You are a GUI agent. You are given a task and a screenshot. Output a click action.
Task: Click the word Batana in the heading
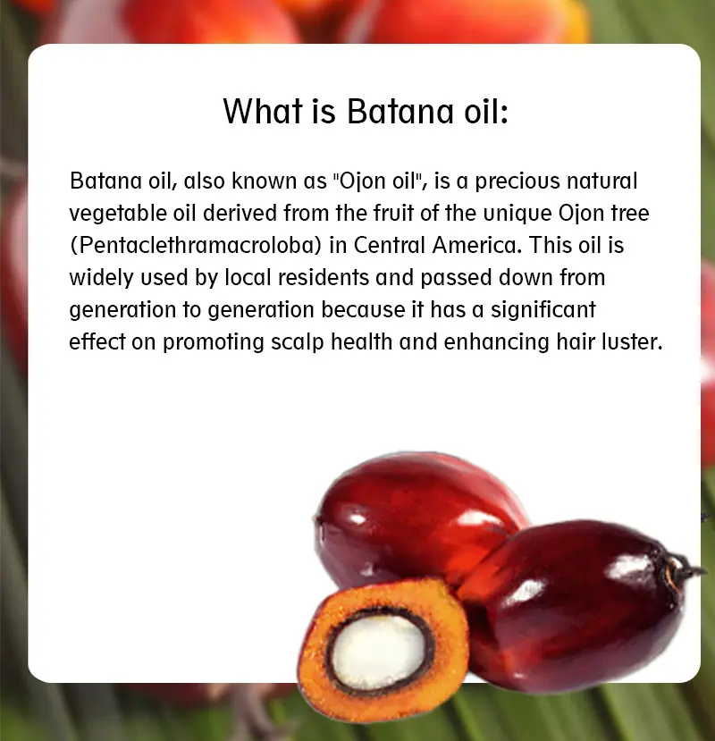coord(400,112)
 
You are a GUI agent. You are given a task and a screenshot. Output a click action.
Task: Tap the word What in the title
coord(263,112)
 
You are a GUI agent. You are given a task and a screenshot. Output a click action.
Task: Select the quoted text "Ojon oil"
coord(377,181)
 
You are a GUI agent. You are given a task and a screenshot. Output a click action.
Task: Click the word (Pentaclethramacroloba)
coord(196,246)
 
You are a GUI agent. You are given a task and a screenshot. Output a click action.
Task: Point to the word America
coord(476,245)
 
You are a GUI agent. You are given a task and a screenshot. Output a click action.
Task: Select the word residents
coord(324,277)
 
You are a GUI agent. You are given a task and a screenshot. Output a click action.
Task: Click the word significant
coord(543,310)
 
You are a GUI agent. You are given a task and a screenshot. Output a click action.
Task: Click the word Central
coord(390,245)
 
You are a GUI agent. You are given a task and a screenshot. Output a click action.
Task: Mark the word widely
coord(101,278)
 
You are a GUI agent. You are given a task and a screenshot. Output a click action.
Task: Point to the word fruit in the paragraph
coord(393,213)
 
